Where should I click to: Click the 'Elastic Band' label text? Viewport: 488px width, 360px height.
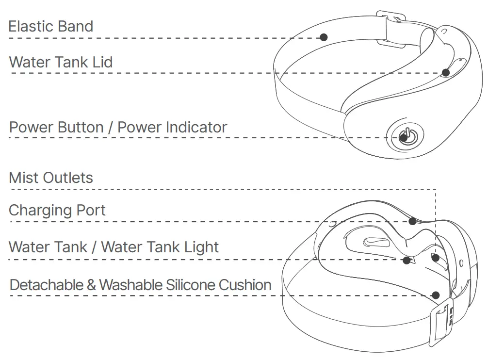[51, 26]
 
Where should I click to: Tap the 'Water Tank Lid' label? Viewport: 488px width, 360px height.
[61, 62]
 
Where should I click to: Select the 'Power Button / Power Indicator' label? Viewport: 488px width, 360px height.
[118, 128]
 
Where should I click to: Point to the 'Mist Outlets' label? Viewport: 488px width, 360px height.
[51, 178]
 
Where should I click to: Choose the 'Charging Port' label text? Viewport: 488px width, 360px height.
[57, 211]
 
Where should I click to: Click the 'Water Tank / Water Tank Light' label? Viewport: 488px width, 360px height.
[114, 247]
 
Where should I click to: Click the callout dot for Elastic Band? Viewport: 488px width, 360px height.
[324, 37]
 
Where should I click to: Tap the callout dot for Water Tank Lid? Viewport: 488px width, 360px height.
[446, 73]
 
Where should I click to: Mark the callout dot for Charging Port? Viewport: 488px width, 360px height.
[412, 221]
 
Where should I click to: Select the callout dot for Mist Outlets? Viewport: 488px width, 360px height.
[436, 258]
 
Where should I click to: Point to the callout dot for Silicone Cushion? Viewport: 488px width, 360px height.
[436, 295]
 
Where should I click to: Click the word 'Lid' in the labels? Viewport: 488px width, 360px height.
[103, 62]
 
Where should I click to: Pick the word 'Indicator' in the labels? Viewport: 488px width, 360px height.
[196, 128]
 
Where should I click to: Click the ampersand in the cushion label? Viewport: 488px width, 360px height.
[91, 285]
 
